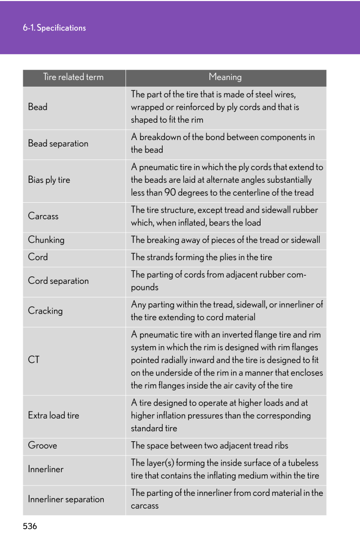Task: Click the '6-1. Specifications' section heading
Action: coord(54,28)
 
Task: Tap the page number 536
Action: coord(30,526)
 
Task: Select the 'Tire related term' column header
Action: coord(74,77)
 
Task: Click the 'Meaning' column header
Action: coord(225,77)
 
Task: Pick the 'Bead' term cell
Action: coord(38,107)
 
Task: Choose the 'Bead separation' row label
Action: coord(58,144)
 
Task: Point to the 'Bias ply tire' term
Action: coord(49,180)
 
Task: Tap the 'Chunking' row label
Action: coord(46,240)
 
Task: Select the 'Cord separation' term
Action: coord(58,281)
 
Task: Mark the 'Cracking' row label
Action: coord(45,311)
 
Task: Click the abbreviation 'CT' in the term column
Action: coord(34,360)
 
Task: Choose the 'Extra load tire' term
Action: coord(54,416)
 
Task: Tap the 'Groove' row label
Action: coord(42,446)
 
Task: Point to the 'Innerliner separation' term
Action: coord(66,499)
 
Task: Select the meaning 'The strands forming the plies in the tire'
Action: coord(202,257)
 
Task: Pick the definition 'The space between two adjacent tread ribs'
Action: coord(210,446)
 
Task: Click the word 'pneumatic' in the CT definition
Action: coord(158,335)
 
